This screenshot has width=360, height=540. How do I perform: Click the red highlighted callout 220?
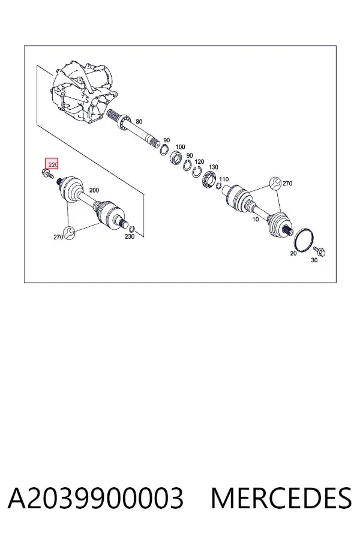[x=52, y=164]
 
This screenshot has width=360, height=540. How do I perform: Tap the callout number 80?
[x=139, y=122]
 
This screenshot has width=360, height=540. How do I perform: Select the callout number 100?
[x=180, y=147]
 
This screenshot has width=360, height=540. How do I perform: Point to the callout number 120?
[x=199, y=161]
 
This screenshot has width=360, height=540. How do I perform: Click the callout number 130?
[x=213, y=167]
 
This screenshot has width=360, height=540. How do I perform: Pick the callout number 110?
[x=224, y=179]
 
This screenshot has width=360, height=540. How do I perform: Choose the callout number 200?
[x=94, y=190]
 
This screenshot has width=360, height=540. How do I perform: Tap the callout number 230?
[x=130, y=236]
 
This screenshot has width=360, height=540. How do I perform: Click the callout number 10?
[x=255, y=220]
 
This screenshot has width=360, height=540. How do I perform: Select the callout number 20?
[x=293, y=253]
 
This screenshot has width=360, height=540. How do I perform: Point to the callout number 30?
[x=314, y=260]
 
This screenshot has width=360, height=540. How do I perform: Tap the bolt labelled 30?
[x=319, y=252]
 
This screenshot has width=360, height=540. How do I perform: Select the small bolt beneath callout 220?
[x=47, y=173]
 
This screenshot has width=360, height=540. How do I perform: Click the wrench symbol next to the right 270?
[x=275, y=183]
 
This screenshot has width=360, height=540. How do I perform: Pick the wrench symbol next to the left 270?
[x=69, y=233]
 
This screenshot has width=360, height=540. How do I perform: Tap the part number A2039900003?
[x=95, y=498]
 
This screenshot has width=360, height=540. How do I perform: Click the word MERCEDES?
[x=281, y=498]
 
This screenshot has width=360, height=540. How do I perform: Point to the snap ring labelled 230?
[x=131, y=229]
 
